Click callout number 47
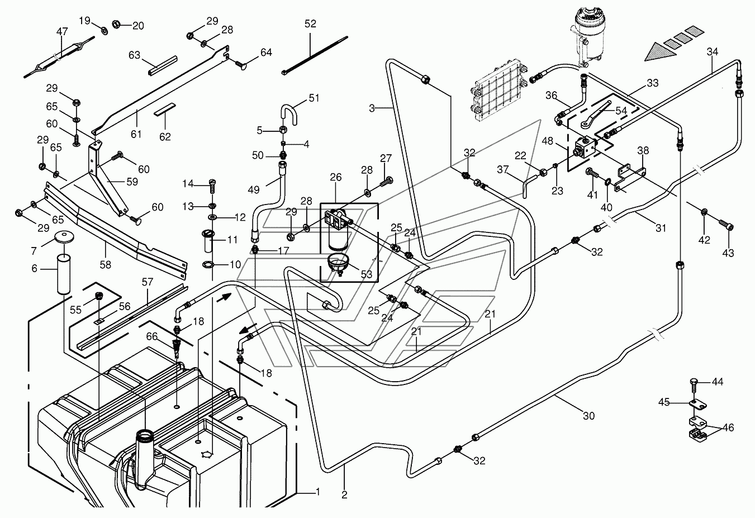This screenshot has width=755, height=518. click(x=62, y=32)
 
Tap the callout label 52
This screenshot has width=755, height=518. click(x=310, y=23)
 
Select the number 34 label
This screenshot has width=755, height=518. click(x=712, y=51)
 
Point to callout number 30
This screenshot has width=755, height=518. click(x=588, y=416)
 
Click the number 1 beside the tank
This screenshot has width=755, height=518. click(x=317, y=492)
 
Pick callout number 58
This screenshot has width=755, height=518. click(x=105, y=264)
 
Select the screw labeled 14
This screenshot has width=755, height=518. click(x=212, y=186)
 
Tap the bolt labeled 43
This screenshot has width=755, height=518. click(x=726, y=225)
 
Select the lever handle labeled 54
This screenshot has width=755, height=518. click(x=596, y=115)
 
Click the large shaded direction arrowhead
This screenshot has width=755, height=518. click(x=661, y=51)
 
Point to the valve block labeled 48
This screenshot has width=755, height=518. click(x=585, y=147)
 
